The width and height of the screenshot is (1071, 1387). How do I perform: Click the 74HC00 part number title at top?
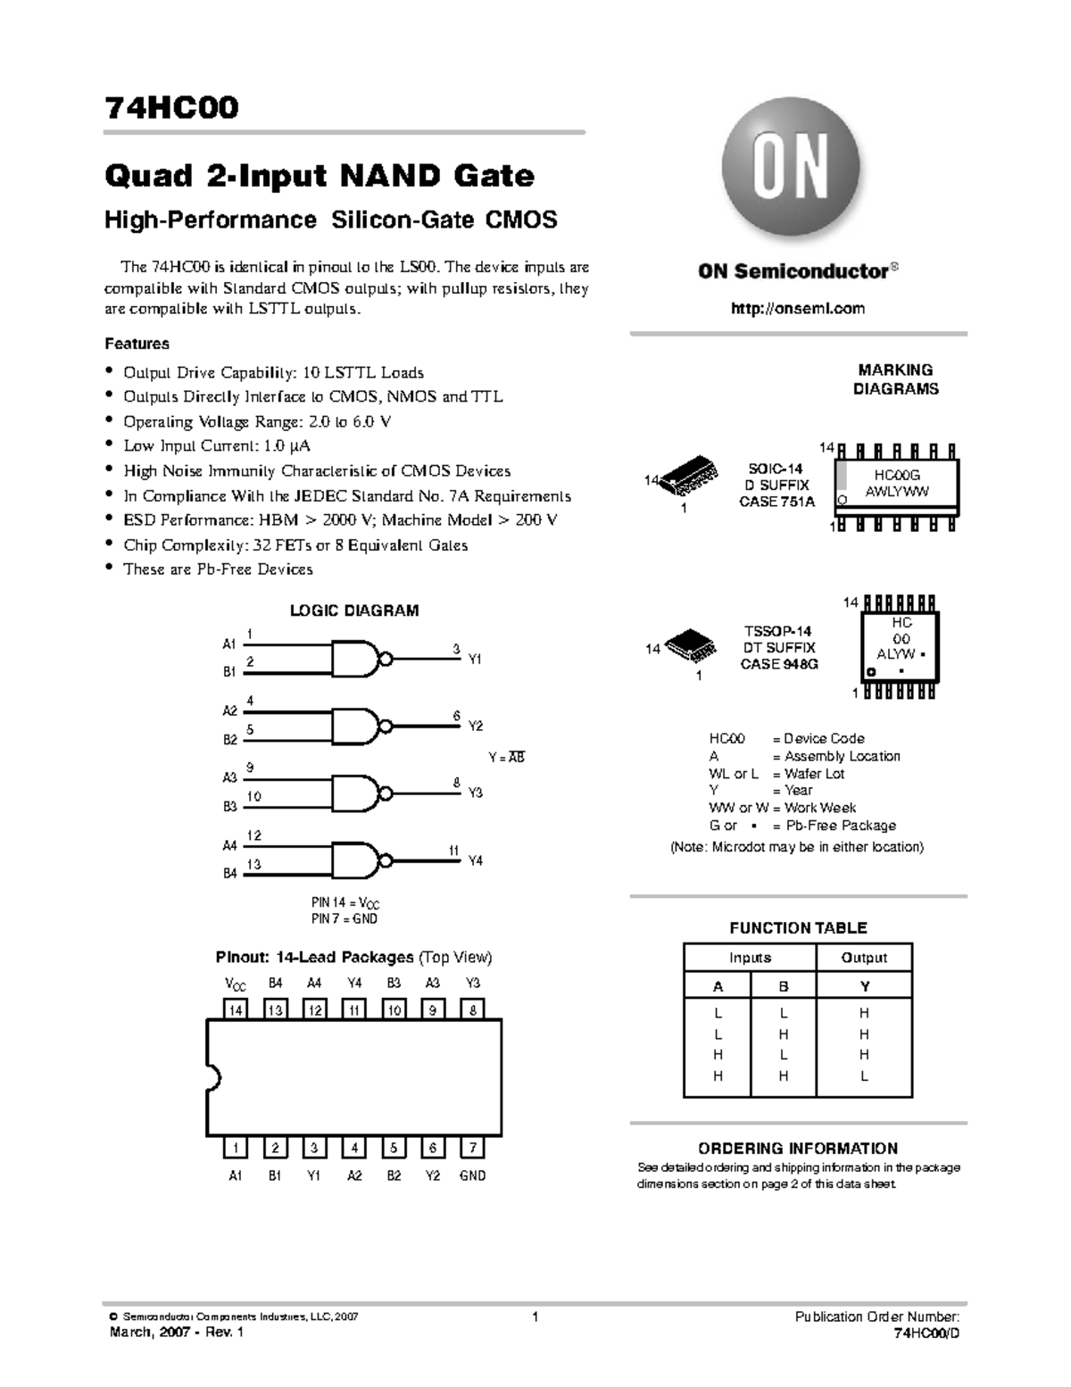pyautogui.click(x=171, y=108)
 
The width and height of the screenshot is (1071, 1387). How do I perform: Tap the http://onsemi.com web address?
pyautogui.click(x=798, y=308)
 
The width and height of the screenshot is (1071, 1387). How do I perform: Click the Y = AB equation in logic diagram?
pyautogui.click(x=506, y=757)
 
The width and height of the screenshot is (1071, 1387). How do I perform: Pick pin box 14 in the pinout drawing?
pyautogui.click(x=236, y=1009)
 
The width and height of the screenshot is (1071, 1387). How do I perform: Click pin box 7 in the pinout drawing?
pyautogui.click(x=472, y=1148)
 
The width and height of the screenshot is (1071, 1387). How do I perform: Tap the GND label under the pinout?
pyautogui.click(x=472, y=1175)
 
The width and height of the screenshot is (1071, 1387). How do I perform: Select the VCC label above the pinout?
pyautogui.click(x=236, y=984)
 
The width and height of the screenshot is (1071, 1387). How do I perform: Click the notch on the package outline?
pyautogui.click(x=212, y=1077)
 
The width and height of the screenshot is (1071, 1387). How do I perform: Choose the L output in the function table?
pyautogui.click(x=864, y=1076)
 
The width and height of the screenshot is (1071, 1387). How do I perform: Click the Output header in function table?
pyautogui.click(x=864, y=958)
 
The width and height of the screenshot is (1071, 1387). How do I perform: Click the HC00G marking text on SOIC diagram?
pyautogui.click(x=896, y=477)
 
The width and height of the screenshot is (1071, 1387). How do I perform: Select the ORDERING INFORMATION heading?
pyautogui.click(x=798, y=1149)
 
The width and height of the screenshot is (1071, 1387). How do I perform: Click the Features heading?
pyautogui.click(x=137, y=344)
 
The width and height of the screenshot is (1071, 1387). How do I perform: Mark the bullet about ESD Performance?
pyautogui.click(x=340, y=519)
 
